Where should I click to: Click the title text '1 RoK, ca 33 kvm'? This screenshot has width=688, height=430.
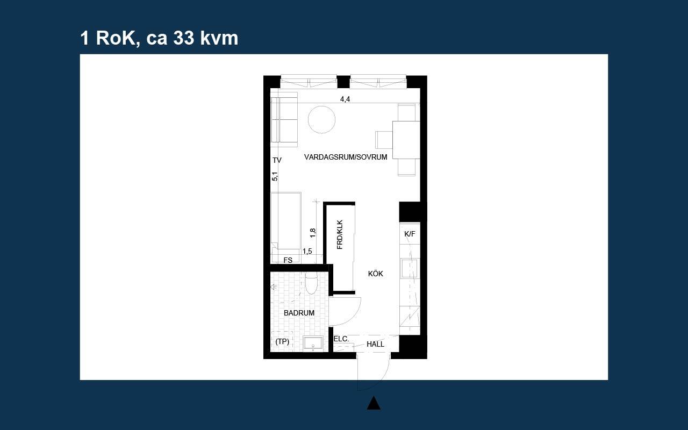tap(159, 38)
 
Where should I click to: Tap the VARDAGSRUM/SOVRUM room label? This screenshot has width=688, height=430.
tap(346, 157)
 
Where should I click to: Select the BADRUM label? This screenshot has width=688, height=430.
tap(299, 313)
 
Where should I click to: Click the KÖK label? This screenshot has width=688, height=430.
tap(375, 274)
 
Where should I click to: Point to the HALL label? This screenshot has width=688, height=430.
tap(375, 345)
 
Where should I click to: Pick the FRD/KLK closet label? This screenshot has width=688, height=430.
tap(340, 235)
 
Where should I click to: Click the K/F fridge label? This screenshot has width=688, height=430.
tap(410, 234)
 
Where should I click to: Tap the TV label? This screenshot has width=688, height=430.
tap(277, 160)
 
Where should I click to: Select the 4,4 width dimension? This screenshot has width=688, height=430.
tap(345, 99)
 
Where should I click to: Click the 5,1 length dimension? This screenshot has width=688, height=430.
tap(275, 176)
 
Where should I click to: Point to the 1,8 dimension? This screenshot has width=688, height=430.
tap(313, 233)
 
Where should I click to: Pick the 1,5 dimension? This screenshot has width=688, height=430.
tap(307, 251)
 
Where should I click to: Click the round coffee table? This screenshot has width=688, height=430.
tap(321, 119)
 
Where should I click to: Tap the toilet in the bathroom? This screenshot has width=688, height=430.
tap(311, 283)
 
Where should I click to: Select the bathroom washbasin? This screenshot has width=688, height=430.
tap(313, 343)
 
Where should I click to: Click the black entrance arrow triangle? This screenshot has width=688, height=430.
tap(374, 403)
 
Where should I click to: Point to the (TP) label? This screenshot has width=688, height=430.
tap(282, 341)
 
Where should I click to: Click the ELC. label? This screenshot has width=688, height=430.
tap(341, 339)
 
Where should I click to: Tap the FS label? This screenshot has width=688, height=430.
tap(288, 260)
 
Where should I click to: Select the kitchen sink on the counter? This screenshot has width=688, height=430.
tap(410, 268)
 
